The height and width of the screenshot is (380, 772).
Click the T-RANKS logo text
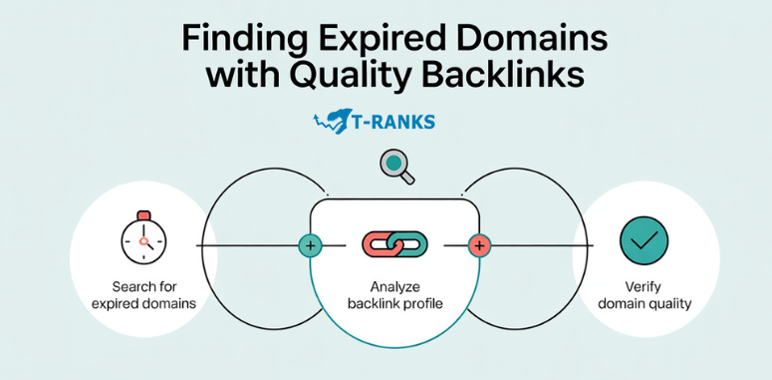pyautogui.click(x=393, y=123)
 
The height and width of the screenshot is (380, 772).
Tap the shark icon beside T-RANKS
pyautogui.click(x=332, y=122)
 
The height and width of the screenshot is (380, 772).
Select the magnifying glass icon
pyautogui.click(x=396, y=166)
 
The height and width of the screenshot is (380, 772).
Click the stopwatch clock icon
pyautogui.click(x=143, y=239)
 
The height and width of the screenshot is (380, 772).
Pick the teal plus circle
pyautogui.click(x=310, y=244)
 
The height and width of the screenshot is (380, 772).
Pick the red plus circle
pyautogui.click(x=479, y=244)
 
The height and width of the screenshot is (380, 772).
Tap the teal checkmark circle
pyautogui.click(x=643, y=240)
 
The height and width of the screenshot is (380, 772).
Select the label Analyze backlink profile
pyautogui.click(x=393, y=293)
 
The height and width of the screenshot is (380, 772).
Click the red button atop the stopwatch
pyautogui.click(x=143, y=213)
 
